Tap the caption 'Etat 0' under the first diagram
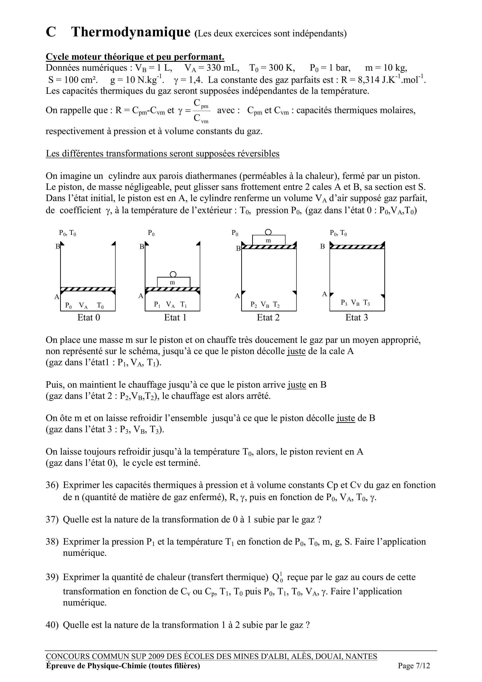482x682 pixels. click(89, 317)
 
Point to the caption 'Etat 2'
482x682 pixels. click(268, 317)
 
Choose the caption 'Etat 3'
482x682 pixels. click(356, 317)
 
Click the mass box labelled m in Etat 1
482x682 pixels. click(173, 282)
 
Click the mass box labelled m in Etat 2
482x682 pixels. click(269, 240)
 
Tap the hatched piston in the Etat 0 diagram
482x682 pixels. click(88, 289)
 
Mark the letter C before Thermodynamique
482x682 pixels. click(51, 32)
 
